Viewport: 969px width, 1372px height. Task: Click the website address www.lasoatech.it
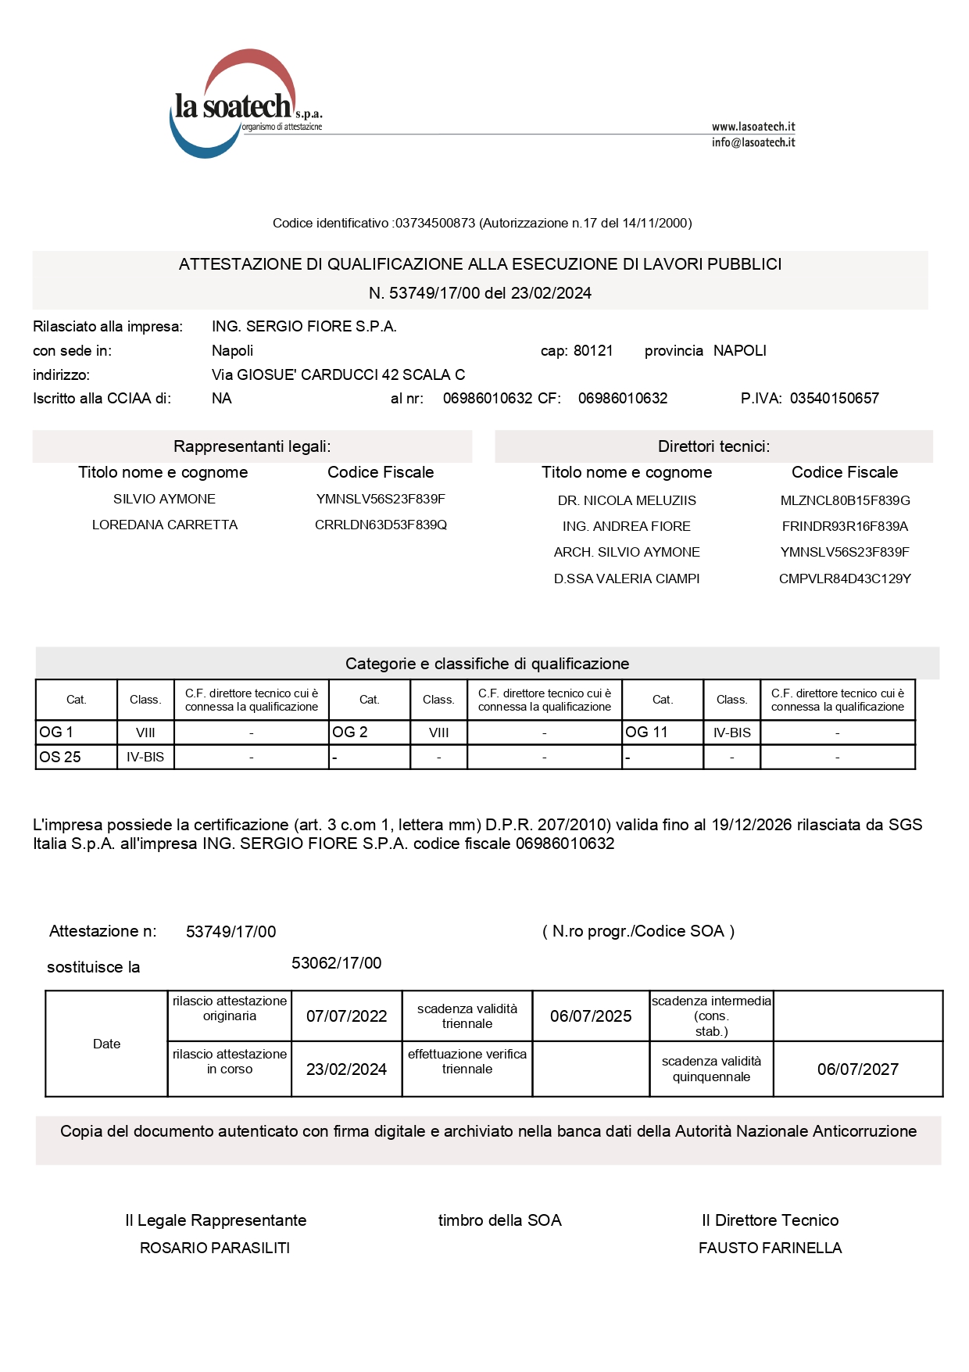753,127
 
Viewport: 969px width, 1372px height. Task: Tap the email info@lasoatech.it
753,142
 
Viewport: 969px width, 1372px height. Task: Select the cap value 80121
593,351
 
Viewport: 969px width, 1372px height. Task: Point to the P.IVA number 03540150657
834,399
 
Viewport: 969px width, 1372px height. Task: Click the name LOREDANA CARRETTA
165,525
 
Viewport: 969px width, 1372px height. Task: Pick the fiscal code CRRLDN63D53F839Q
381,525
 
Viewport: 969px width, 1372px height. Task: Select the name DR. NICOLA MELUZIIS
627,501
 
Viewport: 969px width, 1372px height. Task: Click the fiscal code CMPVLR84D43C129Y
845,579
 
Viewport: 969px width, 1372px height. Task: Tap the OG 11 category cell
662,733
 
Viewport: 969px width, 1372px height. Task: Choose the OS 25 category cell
76,758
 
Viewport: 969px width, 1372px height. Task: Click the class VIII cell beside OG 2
438,733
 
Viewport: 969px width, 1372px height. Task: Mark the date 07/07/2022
346,1016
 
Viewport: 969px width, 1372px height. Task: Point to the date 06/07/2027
857,1069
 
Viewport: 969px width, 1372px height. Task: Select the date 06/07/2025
591,1016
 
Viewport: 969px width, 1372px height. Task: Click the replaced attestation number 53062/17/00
336,963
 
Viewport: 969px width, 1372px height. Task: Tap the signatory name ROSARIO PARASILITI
215,1248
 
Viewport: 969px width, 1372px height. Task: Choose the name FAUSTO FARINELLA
770,1248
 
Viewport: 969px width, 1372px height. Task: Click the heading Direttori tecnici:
713,446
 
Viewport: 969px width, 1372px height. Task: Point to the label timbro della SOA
499,1221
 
